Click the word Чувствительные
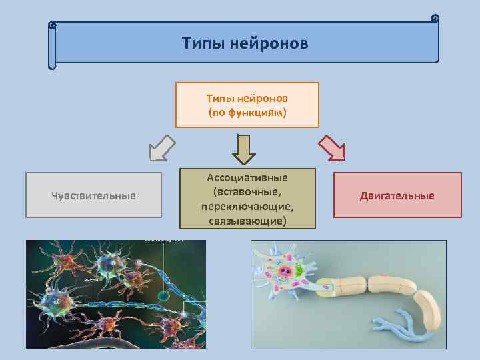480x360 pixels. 93,195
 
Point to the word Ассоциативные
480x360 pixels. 247,178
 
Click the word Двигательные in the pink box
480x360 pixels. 397,195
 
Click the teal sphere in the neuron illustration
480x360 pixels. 162,294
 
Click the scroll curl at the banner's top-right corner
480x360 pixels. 435,18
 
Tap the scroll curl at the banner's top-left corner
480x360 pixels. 53,25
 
